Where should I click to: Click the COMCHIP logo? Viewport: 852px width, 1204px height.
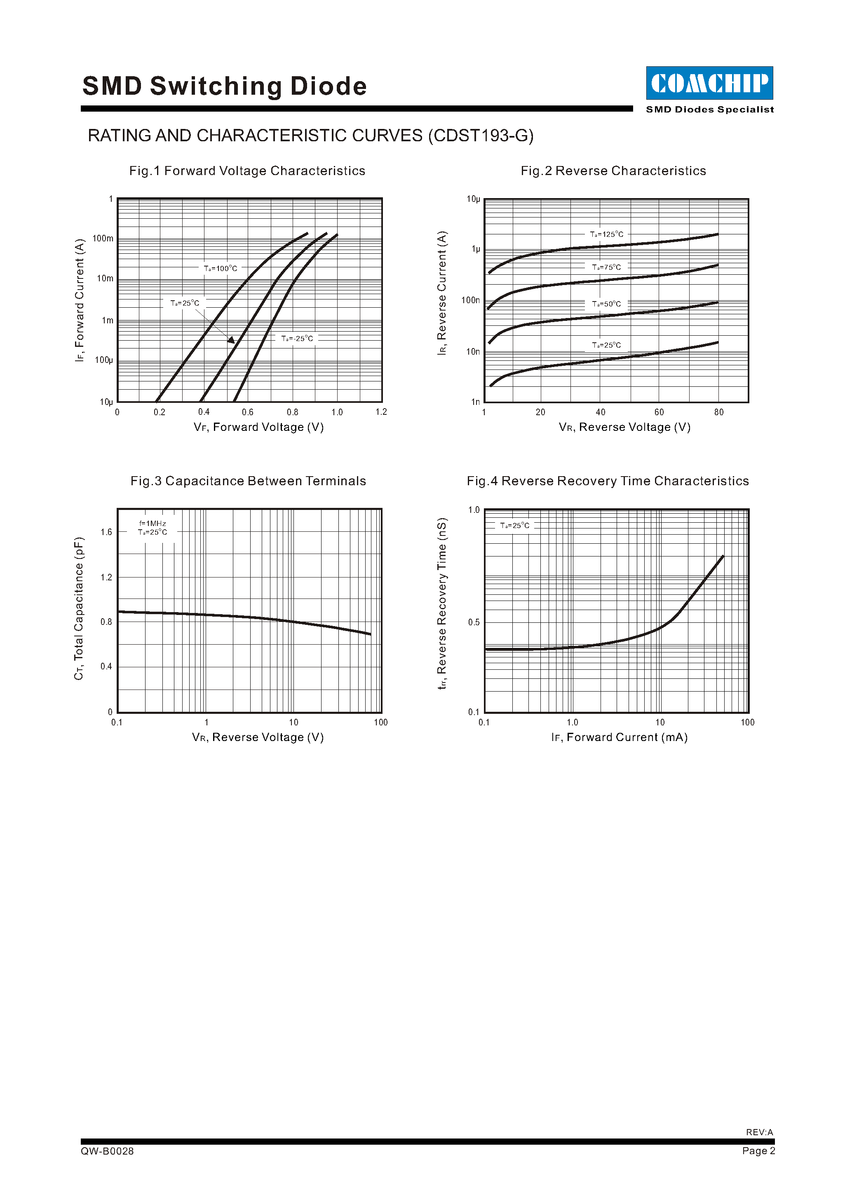709,83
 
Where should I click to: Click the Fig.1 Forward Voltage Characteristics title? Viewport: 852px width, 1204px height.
247,171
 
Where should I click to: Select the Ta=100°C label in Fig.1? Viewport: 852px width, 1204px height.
221,269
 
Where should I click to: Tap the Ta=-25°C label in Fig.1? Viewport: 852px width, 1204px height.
297,339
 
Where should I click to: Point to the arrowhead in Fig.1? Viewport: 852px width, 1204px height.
231,340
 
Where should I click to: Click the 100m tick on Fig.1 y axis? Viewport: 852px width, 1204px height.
103,238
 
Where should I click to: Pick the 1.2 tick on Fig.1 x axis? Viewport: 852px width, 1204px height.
381,412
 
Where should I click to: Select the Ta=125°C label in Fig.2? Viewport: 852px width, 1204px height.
606,234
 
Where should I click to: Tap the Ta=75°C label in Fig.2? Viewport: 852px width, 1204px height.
606,267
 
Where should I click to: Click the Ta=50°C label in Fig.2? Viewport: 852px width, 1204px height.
606,304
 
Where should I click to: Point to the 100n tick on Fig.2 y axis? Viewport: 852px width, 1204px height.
470,300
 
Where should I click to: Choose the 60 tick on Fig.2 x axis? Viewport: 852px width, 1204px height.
659,413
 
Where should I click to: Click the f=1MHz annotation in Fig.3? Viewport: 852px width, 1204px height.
153,524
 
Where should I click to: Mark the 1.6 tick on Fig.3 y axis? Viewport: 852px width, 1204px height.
106,532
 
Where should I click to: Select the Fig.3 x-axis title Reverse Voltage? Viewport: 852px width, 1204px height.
258,737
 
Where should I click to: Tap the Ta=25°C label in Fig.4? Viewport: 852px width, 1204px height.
515,526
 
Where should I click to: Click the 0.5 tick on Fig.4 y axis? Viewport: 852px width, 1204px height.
474,622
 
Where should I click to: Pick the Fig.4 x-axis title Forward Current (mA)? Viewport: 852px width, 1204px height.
619,737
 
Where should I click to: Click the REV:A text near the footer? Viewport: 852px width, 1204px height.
759,1132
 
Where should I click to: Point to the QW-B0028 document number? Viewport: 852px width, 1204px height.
107,1151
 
